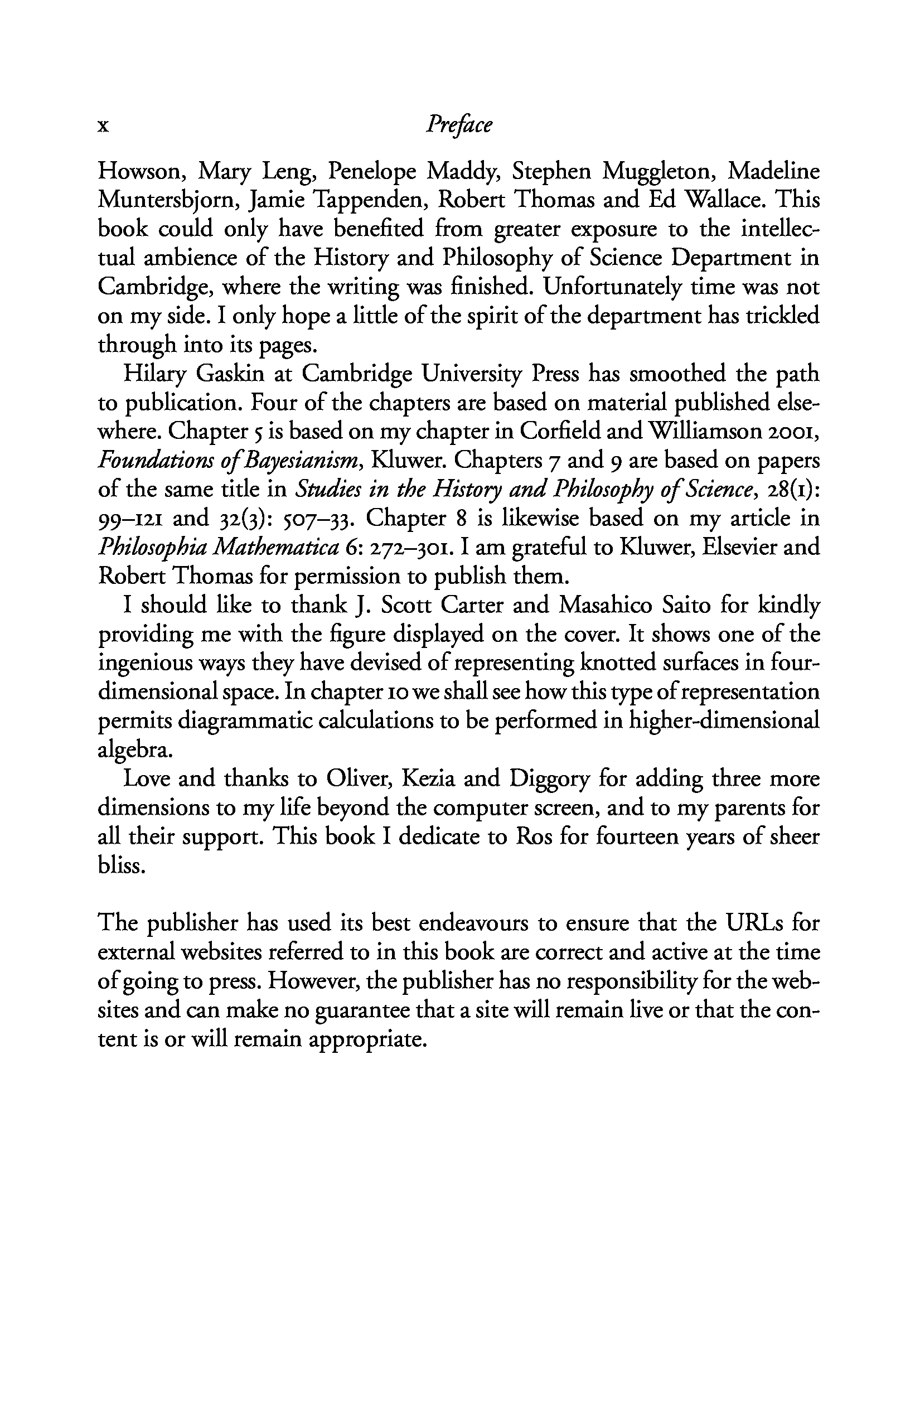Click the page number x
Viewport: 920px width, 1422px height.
(x=103, y=127)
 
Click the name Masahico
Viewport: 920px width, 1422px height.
(x=605, y=606)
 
